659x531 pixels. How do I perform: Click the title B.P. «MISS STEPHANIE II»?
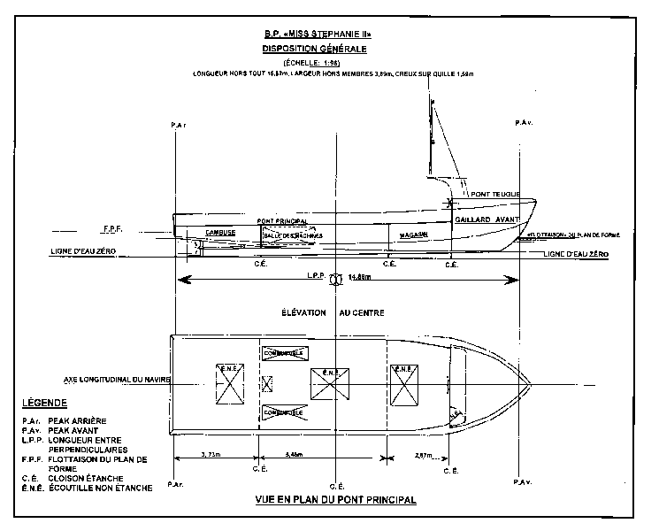pyautogui.click(x=330, y=35)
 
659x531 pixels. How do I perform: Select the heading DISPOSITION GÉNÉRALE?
pyautogui.click(x=330, y=49)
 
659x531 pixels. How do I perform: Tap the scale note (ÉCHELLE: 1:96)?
pyautogui.click(x=329, y=64)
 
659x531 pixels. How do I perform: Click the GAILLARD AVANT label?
pyautogui.click(x=487, y=219)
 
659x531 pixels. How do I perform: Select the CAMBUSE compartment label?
pyautogui.click(x=220, y=233)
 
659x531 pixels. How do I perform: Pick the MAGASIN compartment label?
pyautogui.click(x=413, y=235)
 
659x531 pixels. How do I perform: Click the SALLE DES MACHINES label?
pyautogui.click(x=293, y=235)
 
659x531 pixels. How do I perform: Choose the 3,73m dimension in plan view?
pyautogui.click(x=211, y=455)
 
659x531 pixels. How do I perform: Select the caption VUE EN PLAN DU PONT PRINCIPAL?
pyautogui.click(x=335, y=499)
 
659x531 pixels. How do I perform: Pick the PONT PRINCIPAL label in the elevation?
pyautogui.click(x=282, y=220)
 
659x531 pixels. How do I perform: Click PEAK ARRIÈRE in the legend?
pyautogui.click(x=88, y=421)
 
